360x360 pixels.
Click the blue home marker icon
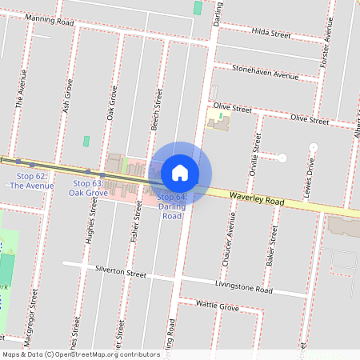click(180, 173)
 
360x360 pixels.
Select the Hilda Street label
click(270, 34)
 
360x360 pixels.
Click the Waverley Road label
click(256, 200)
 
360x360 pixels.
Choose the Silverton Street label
click(121, 272)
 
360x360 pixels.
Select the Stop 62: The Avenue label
click(31, 180)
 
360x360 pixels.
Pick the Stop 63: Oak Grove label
click(88, 188)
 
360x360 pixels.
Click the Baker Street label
click(272, 246)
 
